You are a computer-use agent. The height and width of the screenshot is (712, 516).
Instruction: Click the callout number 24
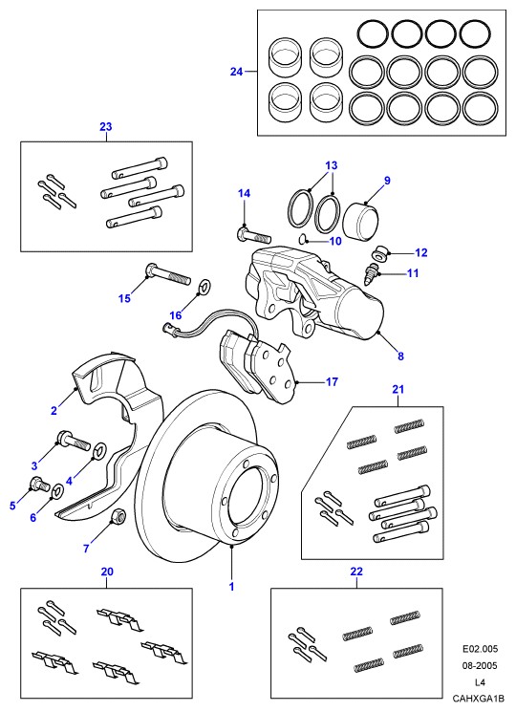click(236, 72)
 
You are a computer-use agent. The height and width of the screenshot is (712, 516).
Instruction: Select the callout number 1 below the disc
click(231, 587)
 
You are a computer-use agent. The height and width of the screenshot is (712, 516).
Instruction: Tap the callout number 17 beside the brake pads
click(333, 382)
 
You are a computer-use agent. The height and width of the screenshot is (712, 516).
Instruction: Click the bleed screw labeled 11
click(372, 274)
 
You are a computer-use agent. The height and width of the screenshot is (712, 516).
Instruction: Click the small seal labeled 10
click(303, 237)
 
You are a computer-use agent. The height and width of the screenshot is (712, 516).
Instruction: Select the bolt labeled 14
click(254, 236)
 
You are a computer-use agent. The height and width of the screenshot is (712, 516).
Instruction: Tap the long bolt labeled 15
click(167, 274)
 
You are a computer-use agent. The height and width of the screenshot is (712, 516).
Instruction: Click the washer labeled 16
click(204, 287)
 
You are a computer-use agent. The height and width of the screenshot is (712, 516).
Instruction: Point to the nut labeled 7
click(118, 515)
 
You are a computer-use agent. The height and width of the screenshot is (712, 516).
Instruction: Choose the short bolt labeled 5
click(39, 485)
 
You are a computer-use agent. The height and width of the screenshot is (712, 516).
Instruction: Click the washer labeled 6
click(58, 491)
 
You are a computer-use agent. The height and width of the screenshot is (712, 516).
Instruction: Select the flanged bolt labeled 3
click(74, 441)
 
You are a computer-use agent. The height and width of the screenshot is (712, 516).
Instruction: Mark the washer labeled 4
click(99, 450)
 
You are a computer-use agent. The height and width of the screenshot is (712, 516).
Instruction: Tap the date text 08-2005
click(480, 666)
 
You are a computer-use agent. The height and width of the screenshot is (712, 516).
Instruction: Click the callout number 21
click(398, 390)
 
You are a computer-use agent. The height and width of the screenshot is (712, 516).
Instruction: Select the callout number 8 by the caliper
click(400, 356)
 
